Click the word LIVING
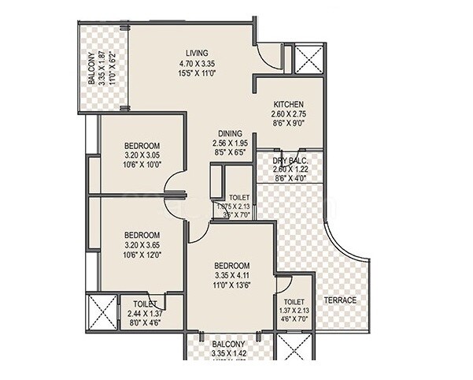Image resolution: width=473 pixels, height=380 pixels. click(191, 53)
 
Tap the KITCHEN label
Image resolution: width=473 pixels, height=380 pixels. click(288, 104)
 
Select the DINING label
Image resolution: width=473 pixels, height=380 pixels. click(230, 133)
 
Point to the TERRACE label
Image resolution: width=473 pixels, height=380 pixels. click(341, 300)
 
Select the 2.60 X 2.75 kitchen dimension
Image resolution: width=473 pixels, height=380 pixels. click(288, 114)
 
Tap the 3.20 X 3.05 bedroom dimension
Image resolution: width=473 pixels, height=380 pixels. click(142, 155)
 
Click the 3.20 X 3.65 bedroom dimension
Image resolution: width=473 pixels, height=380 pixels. click(142, 245)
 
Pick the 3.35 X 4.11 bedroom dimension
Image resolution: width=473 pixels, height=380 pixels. click(232, 276)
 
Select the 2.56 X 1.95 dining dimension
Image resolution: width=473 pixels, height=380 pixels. click(230, 143)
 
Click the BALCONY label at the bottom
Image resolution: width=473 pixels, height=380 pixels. click(229, 345)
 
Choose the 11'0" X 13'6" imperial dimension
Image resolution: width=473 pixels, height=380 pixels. click(232, 286)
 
